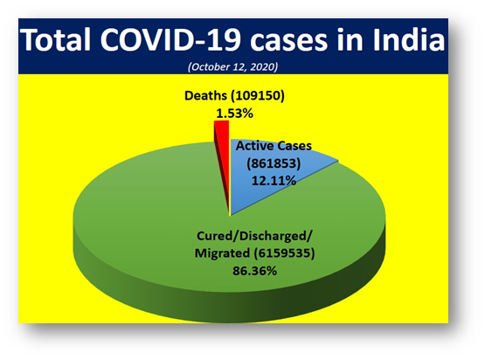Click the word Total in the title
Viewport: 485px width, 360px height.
tap(57, 40)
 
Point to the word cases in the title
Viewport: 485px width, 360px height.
tap(289, 42)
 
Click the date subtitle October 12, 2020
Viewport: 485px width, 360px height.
tap(233, 66)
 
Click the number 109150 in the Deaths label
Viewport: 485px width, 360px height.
tap(257, 95)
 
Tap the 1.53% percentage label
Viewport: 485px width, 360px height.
tap(234, 114)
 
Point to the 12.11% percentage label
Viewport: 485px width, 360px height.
tap(274, 181)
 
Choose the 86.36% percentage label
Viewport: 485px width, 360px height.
tap(254, 271)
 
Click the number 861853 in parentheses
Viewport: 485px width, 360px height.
tap(274, 163)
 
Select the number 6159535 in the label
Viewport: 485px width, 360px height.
tap(284, 253)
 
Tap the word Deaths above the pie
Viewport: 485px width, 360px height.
tap(205, 95)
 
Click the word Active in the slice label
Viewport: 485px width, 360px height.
tap(254, 146)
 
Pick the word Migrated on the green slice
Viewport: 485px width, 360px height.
tap(222, 253)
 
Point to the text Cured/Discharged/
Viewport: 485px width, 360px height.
tap(254, 236)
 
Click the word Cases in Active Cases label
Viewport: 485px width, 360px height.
tap(294, 146)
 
